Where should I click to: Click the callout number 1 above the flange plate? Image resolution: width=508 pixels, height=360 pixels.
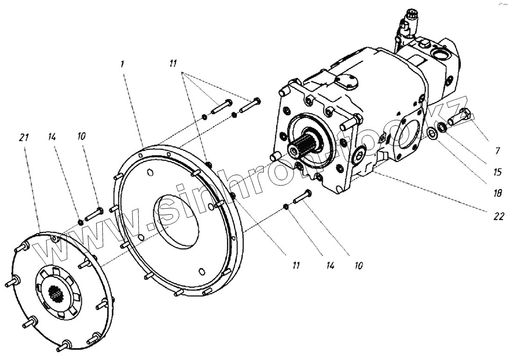point(122,64)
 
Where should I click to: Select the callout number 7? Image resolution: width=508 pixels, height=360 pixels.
point(485,151)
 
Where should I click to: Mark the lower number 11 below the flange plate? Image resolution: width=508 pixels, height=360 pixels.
point(296,265)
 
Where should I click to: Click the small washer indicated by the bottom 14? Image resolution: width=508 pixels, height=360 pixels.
point(285,207)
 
